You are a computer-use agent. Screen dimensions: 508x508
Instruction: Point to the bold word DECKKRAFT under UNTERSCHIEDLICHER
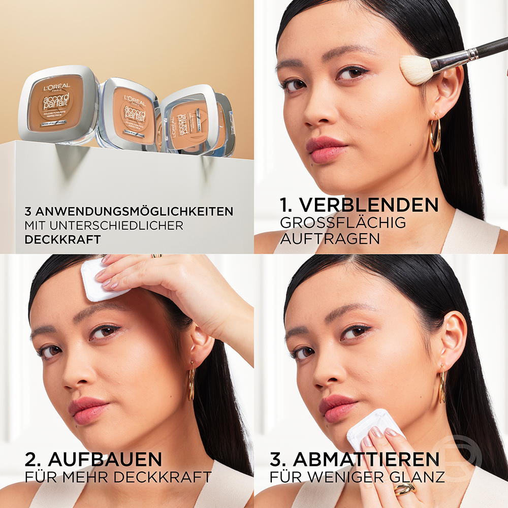tap(62, 239)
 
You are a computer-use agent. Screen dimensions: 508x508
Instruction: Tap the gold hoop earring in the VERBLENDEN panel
tap(435, 135)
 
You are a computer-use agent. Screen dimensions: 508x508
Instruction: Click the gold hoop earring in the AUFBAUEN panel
tap(191, 384)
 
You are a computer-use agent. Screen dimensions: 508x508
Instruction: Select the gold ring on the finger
tap(404, 489)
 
